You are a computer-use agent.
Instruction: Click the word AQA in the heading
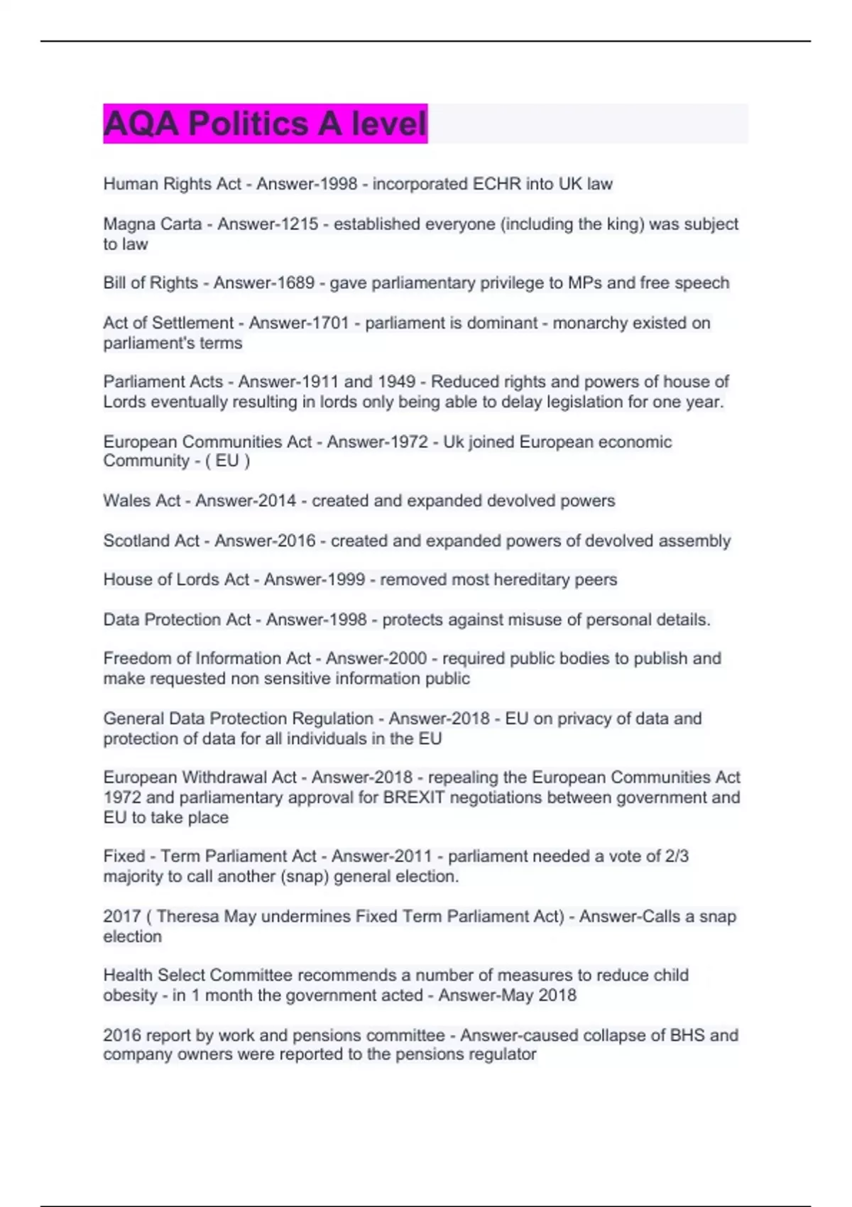click(x=141, y=124)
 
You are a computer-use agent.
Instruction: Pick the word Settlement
click(x=193, y=323)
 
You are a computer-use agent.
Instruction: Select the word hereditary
click(x=518, y=580)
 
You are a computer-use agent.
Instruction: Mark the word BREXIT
click(x=413, y=798)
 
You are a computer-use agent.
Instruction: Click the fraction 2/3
click(x=676, y=857)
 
